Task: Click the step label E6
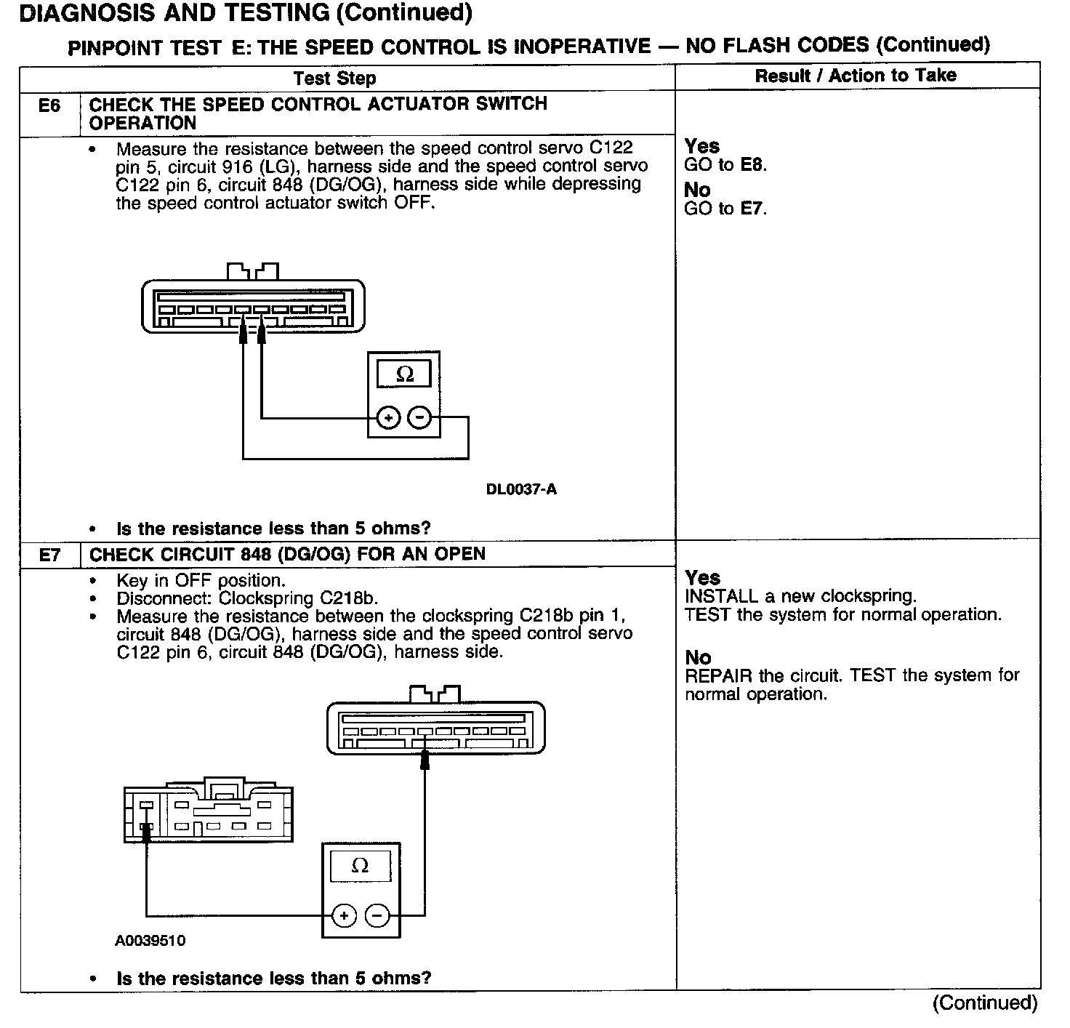pyautogui.click(x=49, y=106)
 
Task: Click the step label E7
pyautogui.click(x=49, y=555)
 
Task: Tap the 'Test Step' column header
pyautogui.click(x=334, y=79)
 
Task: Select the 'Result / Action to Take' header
pyautogui.click(x=856, y=76)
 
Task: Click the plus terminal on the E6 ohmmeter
pyautogui.click(x=389, y=418)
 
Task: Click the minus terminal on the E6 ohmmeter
pyautogui.click(x=419, y=418)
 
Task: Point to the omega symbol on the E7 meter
pyautogui.click(x=360, y=866)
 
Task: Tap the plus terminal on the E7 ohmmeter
pyautogui.click(x=344, y=915)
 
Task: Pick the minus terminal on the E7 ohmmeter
pyautogui.click(x=377, y=915)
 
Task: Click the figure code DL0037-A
pyautogui.click(x=521, y=489)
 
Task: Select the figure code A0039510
pyautogui.click(x=150, y=941)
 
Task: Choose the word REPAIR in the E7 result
pyautogui.click(x=718, y=675)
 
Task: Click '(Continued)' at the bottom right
pyautogui.click(x=985, y=1003)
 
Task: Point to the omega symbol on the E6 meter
pyautogui.click(x=405, y=374)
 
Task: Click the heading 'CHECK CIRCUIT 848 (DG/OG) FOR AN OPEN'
pyautogui.click(x=287, y=554)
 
